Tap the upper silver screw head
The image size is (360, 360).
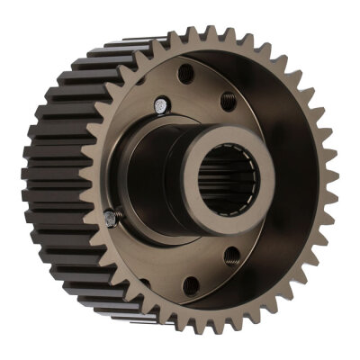click(159, 106)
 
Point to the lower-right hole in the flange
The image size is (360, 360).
click(231, 256)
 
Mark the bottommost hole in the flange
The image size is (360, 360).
click(191, 285)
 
